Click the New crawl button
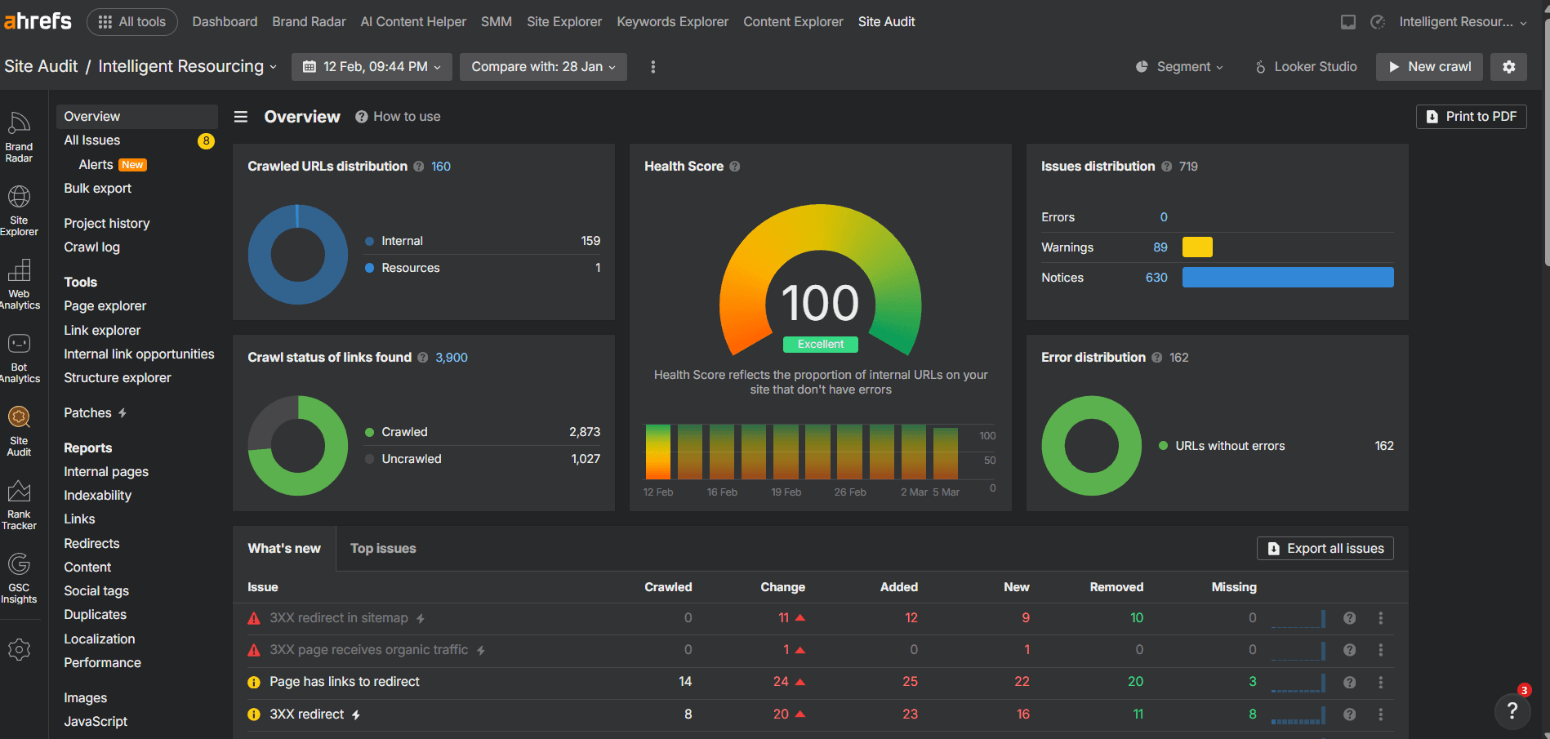[1430, 67]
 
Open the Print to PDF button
[1471, 117]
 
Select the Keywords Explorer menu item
[672, 22]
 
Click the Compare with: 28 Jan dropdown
[543, 67]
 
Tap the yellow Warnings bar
[1197, 247]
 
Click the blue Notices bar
[1287, 278]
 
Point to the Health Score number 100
[820, 303]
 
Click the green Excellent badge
[820, 345]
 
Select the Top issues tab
[383, 549]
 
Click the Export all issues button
[1325, 549]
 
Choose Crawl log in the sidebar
[91, 247]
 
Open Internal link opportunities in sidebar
[139, 354]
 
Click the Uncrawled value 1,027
[585, 459]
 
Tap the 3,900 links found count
[451, 358]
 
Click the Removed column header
[1116, 587]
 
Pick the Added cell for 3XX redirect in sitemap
[911, 618]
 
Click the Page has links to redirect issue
[344, 682]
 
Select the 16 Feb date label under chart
[722, 492]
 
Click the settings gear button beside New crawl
[1508, 67]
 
